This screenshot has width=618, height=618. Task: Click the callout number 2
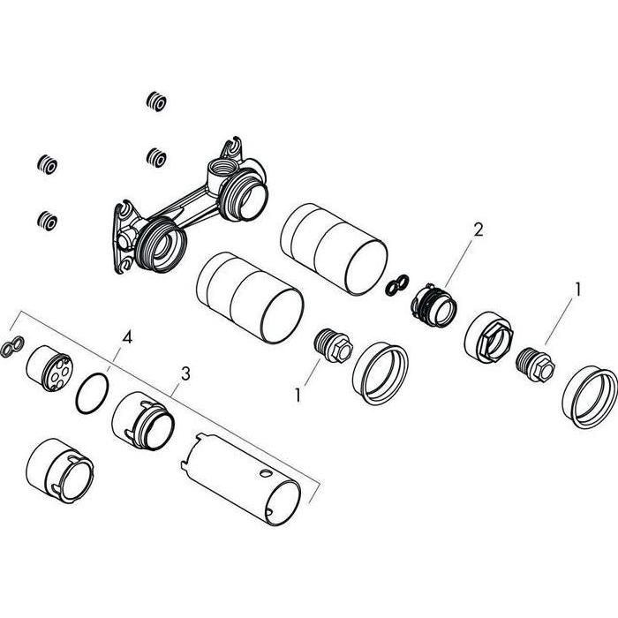[478, 230]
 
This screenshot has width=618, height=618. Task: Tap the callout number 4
[127, 337]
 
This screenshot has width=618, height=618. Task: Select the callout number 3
[185, 373]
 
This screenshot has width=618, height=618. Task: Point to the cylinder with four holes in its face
[49, 368]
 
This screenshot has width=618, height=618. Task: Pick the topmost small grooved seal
[156, 102]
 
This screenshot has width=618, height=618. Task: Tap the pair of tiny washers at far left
[11, 347]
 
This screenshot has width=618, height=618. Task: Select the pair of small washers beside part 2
[397, 284]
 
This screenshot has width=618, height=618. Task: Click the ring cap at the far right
[590, 397]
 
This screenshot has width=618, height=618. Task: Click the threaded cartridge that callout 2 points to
[433, 305]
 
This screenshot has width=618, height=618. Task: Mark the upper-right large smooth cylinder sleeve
[334, 249]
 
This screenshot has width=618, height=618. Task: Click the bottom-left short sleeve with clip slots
[59, 471]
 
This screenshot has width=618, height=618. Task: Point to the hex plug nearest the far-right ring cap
[535, 365]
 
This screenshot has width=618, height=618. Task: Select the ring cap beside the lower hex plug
[381, 373]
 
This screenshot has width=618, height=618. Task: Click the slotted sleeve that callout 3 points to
[143, 421]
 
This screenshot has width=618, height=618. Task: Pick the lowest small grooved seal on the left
[48, 221]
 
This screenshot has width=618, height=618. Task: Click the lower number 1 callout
[298, 395]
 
